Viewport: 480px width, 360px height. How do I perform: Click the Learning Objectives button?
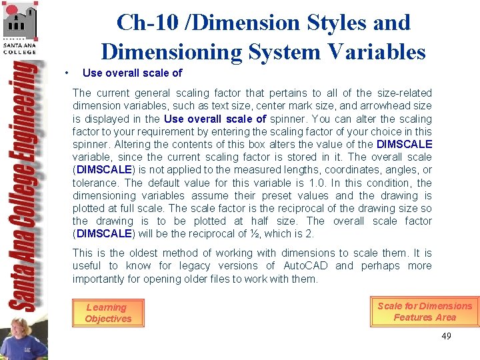coord(108,313)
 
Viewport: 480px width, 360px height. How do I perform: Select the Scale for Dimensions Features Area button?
coord(424,311)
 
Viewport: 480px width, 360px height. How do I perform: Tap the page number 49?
coord(446,336)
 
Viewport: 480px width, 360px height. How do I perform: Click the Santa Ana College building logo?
coord(20,23)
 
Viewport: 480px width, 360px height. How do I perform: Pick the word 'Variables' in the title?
coord(377,51)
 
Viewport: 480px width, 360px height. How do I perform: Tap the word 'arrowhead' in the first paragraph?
coord(386,105)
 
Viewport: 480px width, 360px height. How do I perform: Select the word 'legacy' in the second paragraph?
coord(195,265)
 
